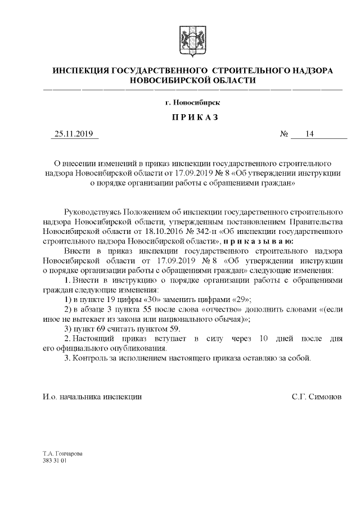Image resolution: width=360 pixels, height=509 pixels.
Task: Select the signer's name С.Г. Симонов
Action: (317, 397)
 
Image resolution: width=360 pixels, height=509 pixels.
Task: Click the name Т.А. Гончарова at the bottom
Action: (62, 453)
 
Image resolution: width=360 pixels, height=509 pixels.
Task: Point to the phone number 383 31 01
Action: (55, 460)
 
